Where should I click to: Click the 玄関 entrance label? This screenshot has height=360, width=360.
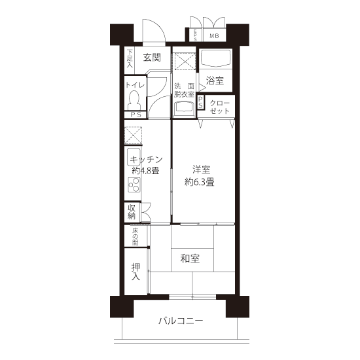[152, 58]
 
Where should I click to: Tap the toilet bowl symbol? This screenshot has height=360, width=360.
[134, 100]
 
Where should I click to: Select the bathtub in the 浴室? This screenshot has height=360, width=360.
[215, 57]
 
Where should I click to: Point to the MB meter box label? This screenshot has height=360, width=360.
[214, 36]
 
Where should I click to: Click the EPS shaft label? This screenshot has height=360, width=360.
[196, 35]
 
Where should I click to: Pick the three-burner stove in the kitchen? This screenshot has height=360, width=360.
[134, 185]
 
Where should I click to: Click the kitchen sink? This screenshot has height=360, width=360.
[134, 157]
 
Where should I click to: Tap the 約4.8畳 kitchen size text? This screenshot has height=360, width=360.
[145, 171]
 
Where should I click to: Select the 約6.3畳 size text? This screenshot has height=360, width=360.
[199, 182]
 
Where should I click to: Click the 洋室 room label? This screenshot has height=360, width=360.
[202, 170]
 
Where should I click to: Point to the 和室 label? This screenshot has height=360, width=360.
[190, 259]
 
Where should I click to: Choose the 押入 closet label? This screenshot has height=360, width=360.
[136, 272]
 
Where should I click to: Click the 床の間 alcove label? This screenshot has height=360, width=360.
[135, 236]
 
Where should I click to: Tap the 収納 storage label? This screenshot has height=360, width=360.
[132, 212]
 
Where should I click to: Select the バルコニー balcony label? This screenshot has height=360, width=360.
[181, 321]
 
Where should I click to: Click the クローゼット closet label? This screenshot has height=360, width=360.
[219, 107]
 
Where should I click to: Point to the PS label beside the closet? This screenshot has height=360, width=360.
[200, 102]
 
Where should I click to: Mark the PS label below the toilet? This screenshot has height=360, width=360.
[136, 115]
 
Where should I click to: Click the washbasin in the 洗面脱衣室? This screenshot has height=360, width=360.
[185, 109]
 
